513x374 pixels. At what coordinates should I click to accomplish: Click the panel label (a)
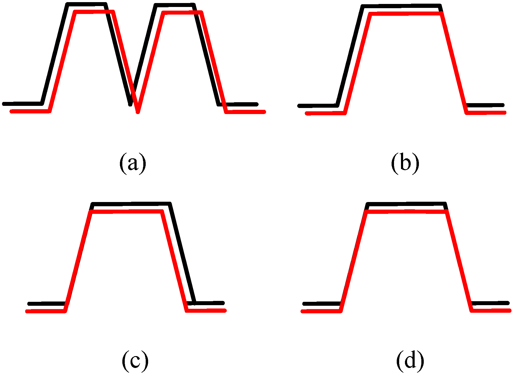[x=133, y=163]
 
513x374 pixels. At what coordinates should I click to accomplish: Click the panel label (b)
[x=405, y=163]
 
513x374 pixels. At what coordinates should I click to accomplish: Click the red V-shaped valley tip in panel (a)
[x=138, y=111]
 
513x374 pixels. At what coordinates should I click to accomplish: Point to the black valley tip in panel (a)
[x=131, y=104]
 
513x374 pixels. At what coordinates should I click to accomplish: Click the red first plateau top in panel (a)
[x=94, y=12]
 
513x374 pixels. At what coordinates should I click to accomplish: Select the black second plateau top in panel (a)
[x=175, y=5]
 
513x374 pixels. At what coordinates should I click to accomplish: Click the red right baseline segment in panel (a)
[x=246, y=112]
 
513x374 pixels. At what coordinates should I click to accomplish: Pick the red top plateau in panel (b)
[x=405, y=14]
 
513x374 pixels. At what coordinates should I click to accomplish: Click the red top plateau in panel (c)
[x=126, y=211]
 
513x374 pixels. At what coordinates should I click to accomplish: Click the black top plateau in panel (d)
[x=407, y=204]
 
